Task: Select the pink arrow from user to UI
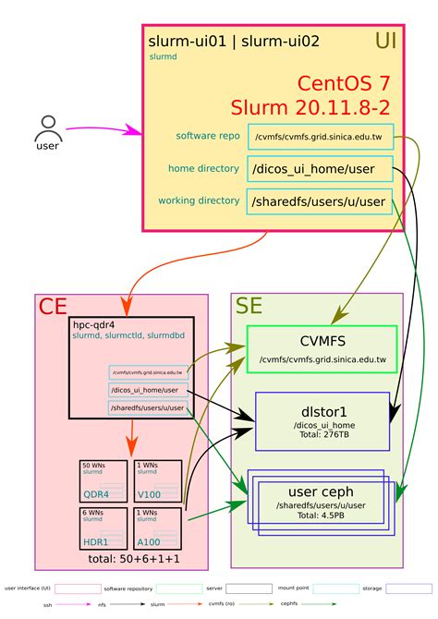pos(102,130)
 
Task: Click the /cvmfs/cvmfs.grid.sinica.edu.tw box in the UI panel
pos(320,136)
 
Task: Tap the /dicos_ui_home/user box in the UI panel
pos(320,169)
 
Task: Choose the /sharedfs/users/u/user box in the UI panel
pos(320,200)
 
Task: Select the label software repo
pos(208,136)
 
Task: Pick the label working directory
pos(199,200)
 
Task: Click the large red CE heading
pos(52,307)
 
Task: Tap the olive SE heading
pos(249,307)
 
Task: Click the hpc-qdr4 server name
pos(92,325)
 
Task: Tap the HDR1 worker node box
pos(103,528)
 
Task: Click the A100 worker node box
pos(157,528)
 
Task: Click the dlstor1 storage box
pos(322,421)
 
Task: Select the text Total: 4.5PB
pos(322,517)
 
